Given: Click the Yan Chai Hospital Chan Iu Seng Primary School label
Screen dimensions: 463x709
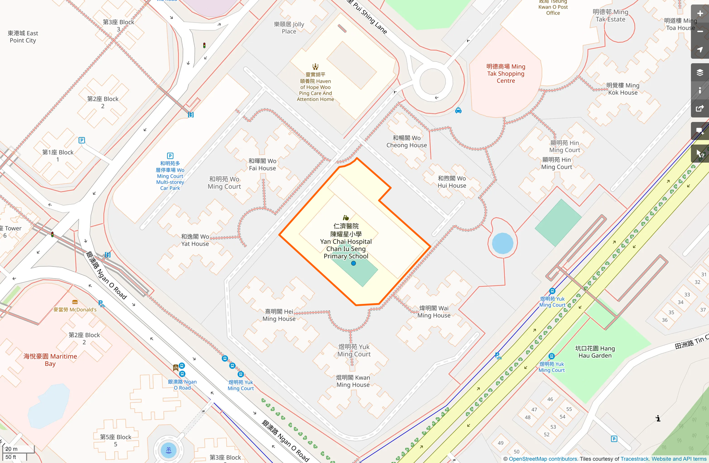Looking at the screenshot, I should (346, 241).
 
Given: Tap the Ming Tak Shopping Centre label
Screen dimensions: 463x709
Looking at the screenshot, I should (505, 73).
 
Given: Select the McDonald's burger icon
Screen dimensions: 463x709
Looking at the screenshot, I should (75, 302).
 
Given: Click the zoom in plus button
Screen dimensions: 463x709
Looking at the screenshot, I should (700, 14).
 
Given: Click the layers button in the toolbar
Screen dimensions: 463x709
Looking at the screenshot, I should (700, 73).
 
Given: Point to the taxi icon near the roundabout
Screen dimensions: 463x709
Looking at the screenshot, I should (458, 110).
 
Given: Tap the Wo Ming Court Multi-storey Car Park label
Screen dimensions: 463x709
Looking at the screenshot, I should (170, 175).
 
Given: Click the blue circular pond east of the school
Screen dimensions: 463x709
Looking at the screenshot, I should (502, 243).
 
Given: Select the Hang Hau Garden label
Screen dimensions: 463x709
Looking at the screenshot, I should (595, 352).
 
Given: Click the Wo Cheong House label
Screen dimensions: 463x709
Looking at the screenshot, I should (406, 142).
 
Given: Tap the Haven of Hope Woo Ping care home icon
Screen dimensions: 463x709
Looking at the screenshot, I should (315, 67).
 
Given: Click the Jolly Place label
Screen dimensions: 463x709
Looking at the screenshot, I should (289, 28).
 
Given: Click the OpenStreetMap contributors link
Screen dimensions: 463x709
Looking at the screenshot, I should (543, 459).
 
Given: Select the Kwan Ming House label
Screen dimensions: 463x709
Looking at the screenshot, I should (353, 381).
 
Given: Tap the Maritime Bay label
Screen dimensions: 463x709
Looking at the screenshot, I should (50, 360).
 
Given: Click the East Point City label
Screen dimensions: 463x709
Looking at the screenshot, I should (23, 37).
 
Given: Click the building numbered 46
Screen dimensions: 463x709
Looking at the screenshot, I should (550, 399).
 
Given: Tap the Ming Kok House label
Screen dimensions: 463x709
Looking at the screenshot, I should (623, 89).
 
